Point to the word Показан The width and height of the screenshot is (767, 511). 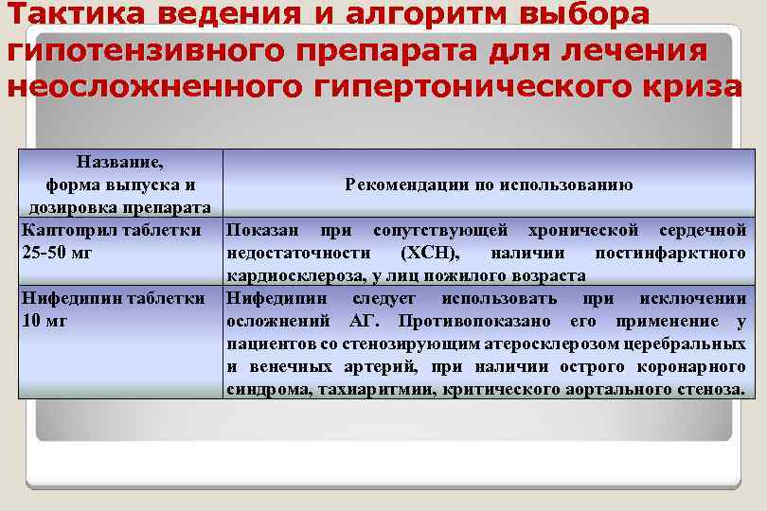coord(262,230)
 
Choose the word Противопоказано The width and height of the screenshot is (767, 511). coord(479,320)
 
